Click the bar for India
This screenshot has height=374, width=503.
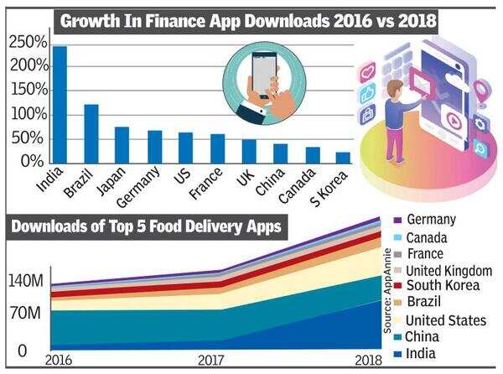(x=60, y=105)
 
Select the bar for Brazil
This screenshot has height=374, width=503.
(x=91, y=133)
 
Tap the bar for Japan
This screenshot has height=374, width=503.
(x=122, y=145)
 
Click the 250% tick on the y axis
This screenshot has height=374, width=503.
(x=29, y=42)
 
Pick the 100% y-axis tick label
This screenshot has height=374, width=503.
(x=29, y=113)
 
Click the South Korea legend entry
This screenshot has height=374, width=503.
(x=441, y=286)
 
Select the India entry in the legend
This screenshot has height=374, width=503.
(x=419, y=353)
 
